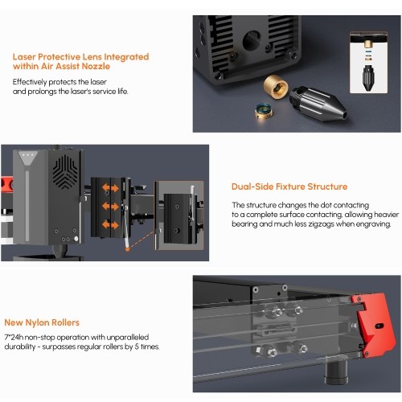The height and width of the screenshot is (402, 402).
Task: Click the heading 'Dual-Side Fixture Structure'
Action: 289,187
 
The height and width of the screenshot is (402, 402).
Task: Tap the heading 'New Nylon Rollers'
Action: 42,322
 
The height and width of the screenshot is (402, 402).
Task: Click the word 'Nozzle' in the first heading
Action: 96,66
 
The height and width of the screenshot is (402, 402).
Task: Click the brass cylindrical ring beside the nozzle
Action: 276,86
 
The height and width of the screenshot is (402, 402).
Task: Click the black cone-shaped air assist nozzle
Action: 318,104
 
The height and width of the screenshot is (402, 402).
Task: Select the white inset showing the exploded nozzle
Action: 368,63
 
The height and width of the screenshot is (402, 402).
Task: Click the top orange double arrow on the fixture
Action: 110,188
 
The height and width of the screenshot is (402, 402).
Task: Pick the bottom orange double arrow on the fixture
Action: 110,224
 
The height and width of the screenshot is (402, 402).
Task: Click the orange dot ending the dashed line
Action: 128,249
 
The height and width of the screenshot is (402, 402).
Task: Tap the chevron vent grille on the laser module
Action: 65,171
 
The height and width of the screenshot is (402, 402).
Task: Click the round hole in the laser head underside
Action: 252,41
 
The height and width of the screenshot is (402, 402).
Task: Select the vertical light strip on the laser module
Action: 27,206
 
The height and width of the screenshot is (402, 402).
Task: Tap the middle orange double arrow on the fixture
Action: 110,207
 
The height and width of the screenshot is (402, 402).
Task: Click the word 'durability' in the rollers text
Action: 20,347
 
